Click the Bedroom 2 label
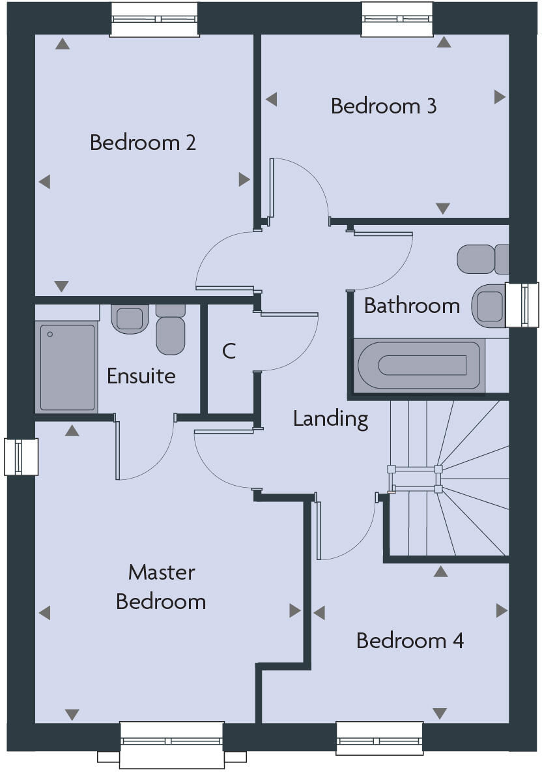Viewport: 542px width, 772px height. click(x=143, y=142)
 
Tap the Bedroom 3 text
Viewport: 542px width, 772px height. click(x=383, y=106)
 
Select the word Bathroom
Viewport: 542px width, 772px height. click(x=412, y=305)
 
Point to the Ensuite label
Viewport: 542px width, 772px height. click(x=141, y=376)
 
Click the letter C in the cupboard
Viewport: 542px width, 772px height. click(x=229, y=351)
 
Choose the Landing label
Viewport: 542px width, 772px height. click(x=330, y=419)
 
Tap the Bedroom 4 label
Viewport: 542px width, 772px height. click(x=410, y=640)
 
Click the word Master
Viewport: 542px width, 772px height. click(x=161, y=572)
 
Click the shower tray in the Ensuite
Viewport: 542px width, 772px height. click(x=67, y=367)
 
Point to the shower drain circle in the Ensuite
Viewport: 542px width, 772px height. click(x=50, y=334)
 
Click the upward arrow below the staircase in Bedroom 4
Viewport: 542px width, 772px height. click(x=441, y=572)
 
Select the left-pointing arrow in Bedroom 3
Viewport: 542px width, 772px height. click(x=271, y=99)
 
